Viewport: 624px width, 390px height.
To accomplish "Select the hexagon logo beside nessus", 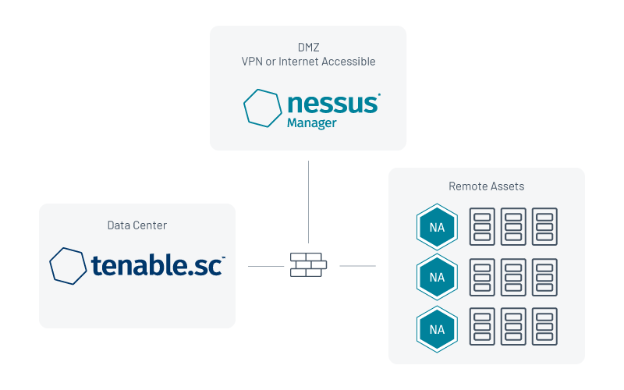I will click(x=262, y=108).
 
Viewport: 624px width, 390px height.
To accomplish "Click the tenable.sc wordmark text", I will click(x=156, y=266).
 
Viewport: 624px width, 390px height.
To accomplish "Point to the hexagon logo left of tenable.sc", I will click(x=68, y=266).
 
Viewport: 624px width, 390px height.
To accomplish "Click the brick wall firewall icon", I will click(x=308, y=264).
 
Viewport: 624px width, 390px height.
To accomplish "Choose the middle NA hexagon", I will click(x=437, y=277).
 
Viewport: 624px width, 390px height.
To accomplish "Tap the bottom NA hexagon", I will click(x=437, y=329).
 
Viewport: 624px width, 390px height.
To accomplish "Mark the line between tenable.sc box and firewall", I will click(x=266, y=266).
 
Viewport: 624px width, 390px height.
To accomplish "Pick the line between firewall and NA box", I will click(x=358, y=266).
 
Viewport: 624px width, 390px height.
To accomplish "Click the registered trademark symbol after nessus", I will click(x=378, y=97).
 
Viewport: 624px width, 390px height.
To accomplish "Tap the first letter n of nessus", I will click(x=294, y=105).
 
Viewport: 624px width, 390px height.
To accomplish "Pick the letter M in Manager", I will click(x=291, y=123).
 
